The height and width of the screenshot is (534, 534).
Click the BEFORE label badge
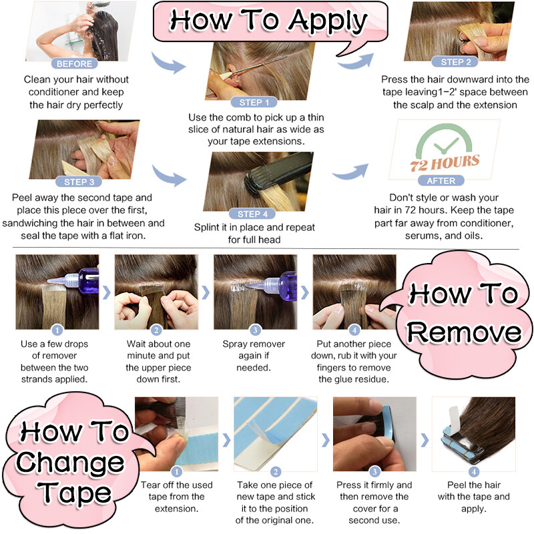click(x=74, y=63)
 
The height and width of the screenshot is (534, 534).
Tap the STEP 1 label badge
click(x=254, y=102)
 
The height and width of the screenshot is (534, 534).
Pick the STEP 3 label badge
click(x=79, y=182)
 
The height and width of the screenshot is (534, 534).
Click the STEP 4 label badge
click(x=252, y=214)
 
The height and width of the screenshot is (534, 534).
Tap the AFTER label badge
click(x=441, y=180)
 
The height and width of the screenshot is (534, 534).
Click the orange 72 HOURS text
click(x=445, y=163)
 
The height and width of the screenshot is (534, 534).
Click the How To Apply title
click(x=268, y=21)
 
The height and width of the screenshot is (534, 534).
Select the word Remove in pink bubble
click(x=464, y=332)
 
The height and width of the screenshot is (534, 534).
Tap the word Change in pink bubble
click(x=70, y=463)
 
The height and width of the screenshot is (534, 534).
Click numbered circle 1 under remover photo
click(x=57, y=330)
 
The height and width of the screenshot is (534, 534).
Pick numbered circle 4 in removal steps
click(x=354, y=330)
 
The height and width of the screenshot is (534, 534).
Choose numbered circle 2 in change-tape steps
click(x=276, y=472)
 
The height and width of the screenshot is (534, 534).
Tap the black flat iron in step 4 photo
click(x=278, y=174)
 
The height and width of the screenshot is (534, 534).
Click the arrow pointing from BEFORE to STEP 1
click(x=168, y=63)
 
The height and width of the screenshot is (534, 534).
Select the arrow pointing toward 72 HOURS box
click(x=351, y=172)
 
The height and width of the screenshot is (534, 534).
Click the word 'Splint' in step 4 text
click(x=206, y=228)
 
